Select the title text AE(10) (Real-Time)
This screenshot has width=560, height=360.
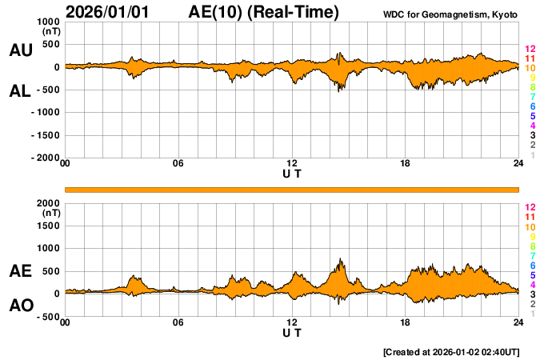coord(264,12)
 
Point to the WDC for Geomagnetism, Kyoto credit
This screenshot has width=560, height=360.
coord(450,14)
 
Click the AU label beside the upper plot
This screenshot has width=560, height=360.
coord(20,50)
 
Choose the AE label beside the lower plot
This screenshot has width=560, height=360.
coord(20,271)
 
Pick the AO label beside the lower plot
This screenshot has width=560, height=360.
coord(20,305)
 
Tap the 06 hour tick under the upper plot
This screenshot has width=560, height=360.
coord(178,164)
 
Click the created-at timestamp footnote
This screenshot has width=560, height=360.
coord(450,352)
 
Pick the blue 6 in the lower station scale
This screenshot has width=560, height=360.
coord(532,265)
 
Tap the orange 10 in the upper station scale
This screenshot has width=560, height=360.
coord(530,69)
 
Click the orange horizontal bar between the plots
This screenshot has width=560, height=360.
coord(292,189)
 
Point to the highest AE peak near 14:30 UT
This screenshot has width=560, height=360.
coord(341,259)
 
